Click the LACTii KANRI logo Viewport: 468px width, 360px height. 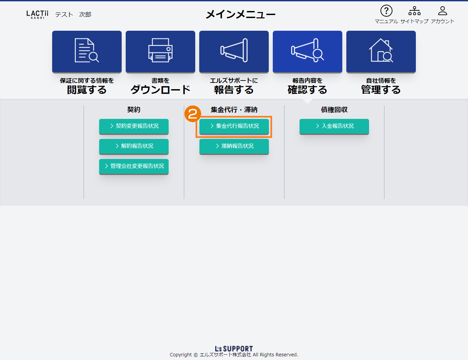click(37, 14)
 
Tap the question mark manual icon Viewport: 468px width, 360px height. click(386, 11)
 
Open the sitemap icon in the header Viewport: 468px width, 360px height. click(414, 11)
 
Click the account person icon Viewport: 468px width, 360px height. click(442, 11)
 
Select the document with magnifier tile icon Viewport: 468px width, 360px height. click(87, 50)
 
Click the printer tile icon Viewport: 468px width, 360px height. click(160, 50)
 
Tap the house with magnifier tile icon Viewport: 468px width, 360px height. click(381, 50)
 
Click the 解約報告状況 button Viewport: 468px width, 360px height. click(134, 146)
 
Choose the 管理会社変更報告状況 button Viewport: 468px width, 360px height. click(134, 166)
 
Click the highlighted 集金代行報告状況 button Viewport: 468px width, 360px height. click(234, 126)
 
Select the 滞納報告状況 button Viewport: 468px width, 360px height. click(234, 146)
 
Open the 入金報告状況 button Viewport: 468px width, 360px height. click(334, 126)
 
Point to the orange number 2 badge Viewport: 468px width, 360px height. click(193, 114)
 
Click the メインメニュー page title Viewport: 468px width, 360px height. click(241, 14)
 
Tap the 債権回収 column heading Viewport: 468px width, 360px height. click(334, 110)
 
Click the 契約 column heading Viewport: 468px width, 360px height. click(134, 110)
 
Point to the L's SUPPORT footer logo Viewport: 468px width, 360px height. click(234, 348)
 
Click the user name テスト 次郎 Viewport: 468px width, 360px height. click(73, 14)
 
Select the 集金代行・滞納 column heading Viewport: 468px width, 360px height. click(234, 110)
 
